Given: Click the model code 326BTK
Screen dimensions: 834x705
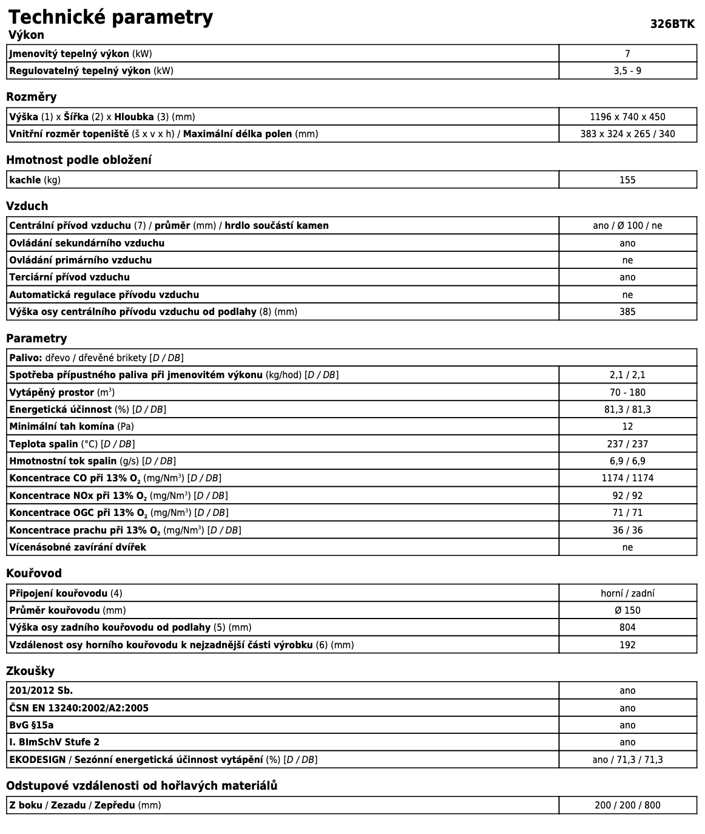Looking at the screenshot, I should coord(672,24).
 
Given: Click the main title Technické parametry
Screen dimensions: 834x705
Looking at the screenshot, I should coord(110,17).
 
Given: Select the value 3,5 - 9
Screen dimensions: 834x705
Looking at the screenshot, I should coord(627,71).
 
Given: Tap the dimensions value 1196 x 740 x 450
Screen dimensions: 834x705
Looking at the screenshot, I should coord(627,117).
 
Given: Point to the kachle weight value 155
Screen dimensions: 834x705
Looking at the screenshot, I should coord(627,180).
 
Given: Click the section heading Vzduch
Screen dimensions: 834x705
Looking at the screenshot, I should coord(27,206).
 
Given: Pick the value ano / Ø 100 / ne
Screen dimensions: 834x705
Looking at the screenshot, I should coord(627,226).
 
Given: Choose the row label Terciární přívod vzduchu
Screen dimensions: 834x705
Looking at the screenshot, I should coord(69,277).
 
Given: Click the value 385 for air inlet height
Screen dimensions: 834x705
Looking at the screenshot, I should coord(627,312).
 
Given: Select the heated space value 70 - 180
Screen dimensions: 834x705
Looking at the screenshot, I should coord(627,393).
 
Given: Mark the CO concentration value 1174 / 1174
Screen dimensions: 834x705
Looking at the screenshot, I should coord(627,478).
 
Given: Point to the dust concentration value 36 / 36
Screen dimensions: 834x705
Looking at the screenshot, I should coord(627,531).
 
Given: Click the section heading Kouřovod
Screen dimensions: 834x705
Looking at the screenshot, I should coord(34,574).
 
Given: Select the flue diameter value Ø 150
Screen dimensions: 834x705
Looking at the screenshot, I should coord(627,611).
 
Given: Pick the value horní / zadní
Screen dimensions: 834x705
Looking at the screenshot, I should coord(627,594).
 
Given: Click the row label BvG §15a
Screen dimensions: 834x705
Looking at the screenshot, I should coord(32,725).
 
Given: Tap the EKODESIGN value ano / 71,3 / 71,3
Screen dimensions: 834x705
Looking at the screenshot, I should coord(627,760).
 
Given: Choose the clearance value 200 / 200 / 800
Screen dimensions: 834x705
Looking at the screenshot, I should coord(627,805).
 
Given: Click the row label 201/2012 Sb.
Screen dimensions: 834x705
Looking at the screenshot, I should coord(41,691).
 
